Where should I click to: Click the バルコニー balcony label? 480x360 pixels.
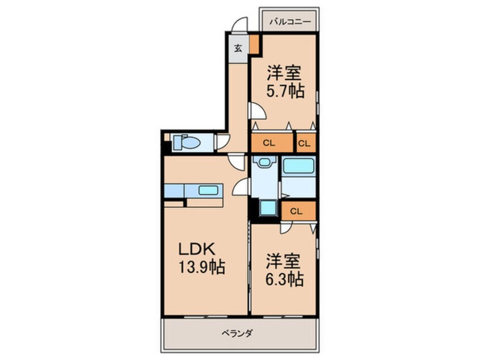tap(289, 22)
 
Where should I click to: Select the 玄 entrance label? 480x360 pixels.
tap(238, 48)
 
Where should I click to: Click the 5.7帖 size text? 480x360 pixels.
tap(285, 90)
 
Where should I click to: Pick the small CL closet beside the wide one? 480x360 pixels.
tap(305, 143)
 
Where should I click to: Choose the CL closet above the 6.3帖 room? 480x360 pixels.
tap(296, 211)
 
